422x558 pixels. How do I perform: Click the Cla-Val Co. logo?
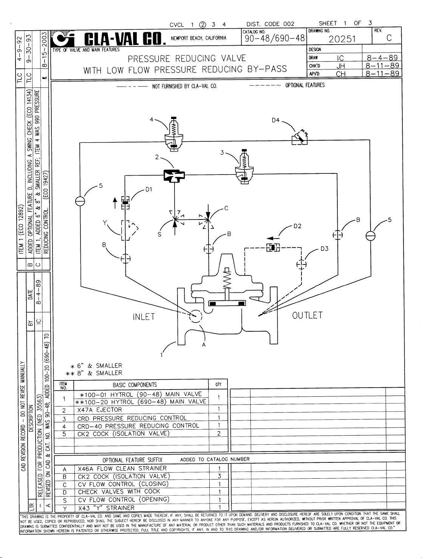(108, 39)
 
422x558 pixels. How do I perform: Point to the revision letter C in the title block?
(389, 39)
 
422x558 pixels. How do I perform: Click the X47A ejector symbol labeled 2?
(174, 176)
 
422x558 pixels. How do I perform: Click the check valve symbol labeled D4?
(300, 138)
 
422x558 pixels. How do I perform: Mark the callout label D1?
(149, 189)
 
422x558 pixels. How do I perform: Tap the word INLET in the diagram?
(144, 317)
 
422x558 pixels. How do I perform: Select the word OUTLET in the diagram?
(308, 315)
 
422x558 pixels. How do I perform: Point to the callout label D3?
(325, 249)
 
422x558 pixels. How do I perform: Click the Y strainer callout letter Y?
(104, 223)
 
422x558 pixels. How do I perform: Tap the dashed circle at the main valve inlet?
(196, 315)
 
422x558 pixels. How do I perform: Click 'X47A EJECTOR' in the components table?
(99, 410)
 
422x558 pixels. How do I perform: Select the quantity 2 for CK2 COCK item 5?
(219, 434)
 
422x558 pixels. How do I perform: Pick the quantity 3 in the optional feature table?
(219, 476)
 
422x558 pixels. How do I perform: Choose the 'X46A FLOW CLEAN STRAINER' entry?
(122, 468)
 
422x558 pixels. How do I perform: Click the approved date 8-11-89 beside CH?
(382, 73)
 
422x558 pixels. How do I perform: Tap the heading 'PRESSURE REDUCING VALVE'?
(187, 59)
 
